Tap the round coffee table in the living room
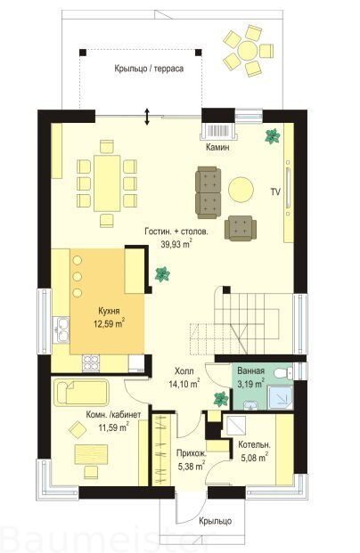(241, 190)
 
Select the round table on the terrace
(248, 51)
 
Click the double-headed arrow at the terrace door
(147, 116)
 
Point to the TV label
(275, 191)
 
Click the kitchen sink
(61, 330)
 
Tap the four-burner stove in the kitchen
(91, 363)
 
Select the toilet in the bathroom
(285, 372)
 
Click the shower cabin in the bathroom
(280, 398)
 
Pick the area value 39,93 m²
(176, 244)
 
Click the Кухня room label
(109, 311)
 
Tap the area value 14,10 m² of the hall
(184, 384)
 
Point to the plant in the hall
(221, 400)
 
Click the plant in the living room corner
(273, 136)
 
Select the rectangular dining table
(107, 183)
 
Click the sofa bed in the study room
(81, 393)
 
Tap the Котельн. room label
(254, 444)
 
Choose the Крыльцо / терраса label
(149, 69)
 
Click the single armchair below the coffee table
(241, 228)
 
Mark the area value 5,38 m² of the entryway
(192, 467)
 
